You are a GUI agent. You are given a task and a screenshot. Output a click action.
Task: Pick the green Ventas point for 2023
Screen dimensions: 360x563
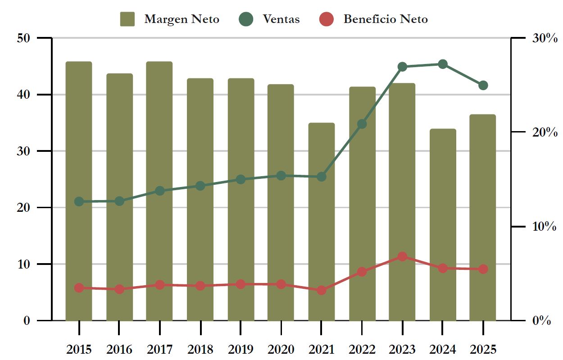pos(403,67)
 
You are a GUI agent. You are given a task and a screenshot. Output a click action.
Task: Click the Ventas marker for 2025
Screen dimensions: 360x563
pos(483,85)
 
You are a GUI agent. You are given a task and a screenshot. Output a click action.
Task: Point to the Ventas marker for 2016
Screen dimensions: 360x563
pos(119,201)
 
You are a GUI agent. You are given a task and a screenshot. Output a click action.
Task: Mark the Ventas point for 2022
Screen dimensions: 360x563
pos(362,124)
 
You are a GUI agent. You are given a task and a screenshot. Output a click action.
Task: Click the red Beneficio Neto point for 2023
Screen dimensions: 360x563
pos(403,256)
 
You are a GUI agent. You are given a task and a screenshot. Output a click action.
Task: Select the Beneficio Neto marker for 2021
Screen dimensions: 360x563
pos(321,290)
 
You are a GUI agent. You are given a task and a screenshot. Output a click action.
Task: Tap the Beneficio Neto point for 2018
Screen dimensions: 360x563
pos(200,286)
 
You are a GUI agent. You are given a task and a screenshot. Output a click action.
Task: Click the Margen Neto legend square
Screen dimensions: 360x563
pos(127,19)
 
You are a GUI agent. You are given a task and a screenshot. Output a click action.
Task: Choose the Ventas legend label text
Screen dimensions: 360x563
pos(281,19)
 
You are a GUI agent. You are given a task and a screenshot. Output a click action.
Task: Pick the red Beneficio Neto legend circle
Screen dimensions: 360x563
pos(327,19)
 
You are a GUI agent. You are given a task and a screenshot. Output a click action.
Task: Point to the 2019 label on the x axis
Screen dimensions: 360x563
pos(241,349)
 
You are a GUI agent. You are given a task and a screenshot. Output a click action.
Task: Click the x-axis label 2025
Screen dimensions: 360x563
pos(483,349)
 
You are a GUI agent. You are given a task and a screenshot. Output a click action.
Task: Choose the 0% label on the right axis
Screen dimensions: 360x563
pos(541,321)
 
